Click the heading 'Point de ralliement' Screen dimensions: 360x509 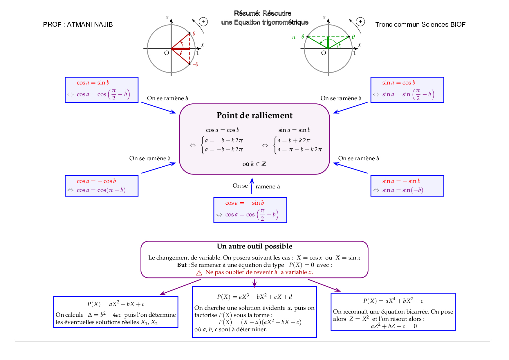click(x=255, y=116)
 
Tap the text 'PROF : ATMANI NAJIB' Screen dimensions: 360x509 click(x=78, y=25)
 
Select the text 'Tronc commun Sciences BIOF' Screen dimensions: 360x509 click(x=420, y=25)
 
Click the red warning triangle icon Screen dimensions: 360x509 click(x=199, y=273)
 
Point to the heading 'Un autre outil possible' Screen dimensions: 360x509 click(x=255, y=246)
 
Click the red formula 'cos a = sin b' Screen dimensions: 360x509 click(x=93, y=83)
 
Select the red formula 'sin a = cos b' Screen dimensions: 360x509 click(x=398, y=83)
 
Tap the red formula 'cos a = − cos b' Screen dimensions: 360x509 click(x=96, y=181)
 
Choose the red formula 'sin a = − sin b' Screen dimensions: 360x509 click(x=401, y=181)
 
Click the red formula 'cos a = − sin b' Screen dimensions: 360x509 click(x=245, y=203)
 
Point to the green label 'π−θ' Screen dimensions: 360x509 click(x=298, y=37)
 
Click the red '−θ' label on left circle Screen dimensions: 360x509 click(x=195, y=64)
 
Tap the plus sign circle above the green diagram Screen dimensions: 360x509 click(x=360, y=22)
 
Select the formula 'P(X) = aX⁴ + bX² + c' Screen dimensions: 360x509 click(x=393, y=301)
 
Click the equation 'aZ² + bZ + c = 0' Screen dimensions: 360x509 click(x=394, y=326)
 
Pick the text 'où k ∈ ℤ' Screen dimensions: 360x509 click(x=255, y=164)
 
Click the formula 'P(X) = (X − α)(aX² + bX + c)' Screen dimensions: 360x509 click(x=260, y=322)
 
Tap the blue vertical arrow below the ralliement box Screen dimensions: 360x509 click(x=252, y=186)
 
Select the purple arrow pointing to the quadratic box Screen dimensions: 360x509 click(x=180, y=287)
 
